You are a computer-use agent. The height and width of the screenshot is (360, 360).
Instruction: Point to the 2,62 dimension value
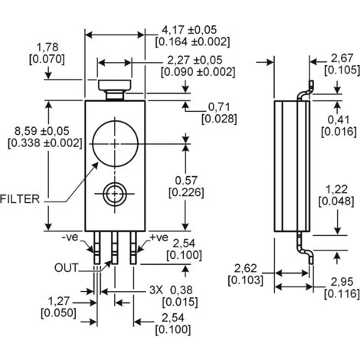pyautogui.click(x=245, y=269)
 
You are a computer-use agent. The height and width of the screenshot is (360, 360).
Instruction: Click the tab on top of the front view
pyautogui.click(x=116, y=89)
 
